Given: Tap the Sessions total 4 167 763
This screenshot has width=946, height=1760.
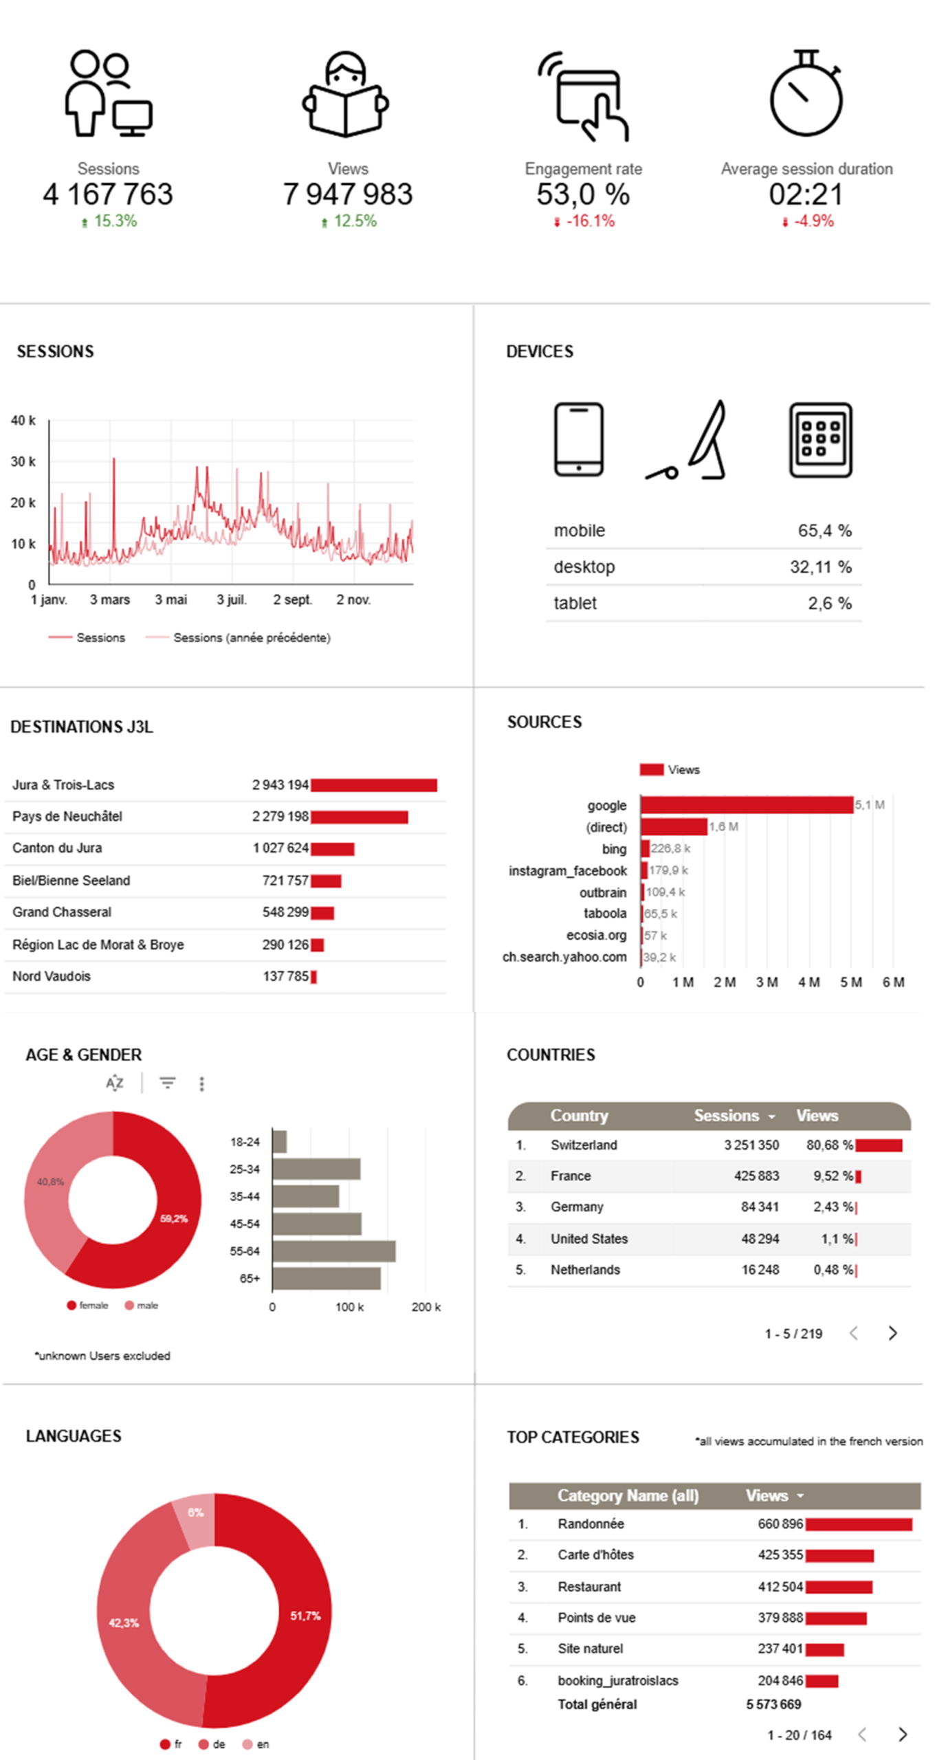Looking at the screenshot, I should click(x=108, y=195).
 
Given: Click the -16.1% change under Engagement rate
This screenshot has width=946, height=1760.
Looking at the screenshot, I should click(x=589, y=221).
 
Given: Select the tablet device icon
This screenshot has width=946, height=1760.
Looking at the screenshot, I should click(x=820, y=440).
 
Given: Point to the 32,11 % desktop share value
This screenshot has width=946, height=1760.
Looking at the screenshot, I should click(x=820, y=567).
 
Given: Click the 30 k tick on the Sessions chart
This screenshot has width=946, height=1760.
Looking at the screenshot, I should click(x=23, y=461).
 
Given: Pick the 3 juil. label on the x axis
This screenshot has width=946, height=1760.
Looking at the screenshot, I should click(x=232, y=600).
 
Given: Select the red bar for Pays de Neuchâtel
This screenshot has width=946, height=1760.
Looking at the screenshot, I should click(x=359, y=817).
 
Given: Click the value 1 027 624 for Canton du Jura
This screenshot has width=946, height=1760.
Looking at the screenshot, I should click(x=280, y=848).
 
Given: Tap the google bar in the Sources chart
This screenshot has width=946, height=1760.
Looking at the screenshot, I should click(x=747, y=805).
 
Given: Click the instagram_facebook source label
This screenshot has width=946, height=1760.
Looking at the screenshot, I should click(x=568, y=871).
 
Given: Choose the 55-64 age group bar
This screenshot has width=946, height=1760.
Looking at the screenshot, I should click(x=334, y=1251).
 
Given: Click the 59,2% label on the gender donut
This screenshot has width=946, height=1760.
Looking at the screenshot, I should click(x=174, y=1219).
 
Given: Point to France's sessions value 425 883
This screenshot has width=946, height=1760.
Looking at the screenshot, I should click(x=756, y=1176).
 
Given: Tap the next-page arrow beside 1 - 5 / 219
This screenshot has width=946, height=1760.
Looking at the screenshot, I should click(x=892, y=1334).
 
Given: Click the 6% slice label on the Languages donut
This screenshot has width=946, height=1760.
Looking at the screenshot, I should click(x=196, y=1512).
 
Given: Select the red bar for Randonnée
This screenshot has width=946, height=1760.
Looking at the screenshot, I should click(x=859, y=1525).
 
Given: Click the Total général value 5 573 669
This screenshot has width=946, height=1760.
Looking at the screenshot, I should click(x=773, y=1704).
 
